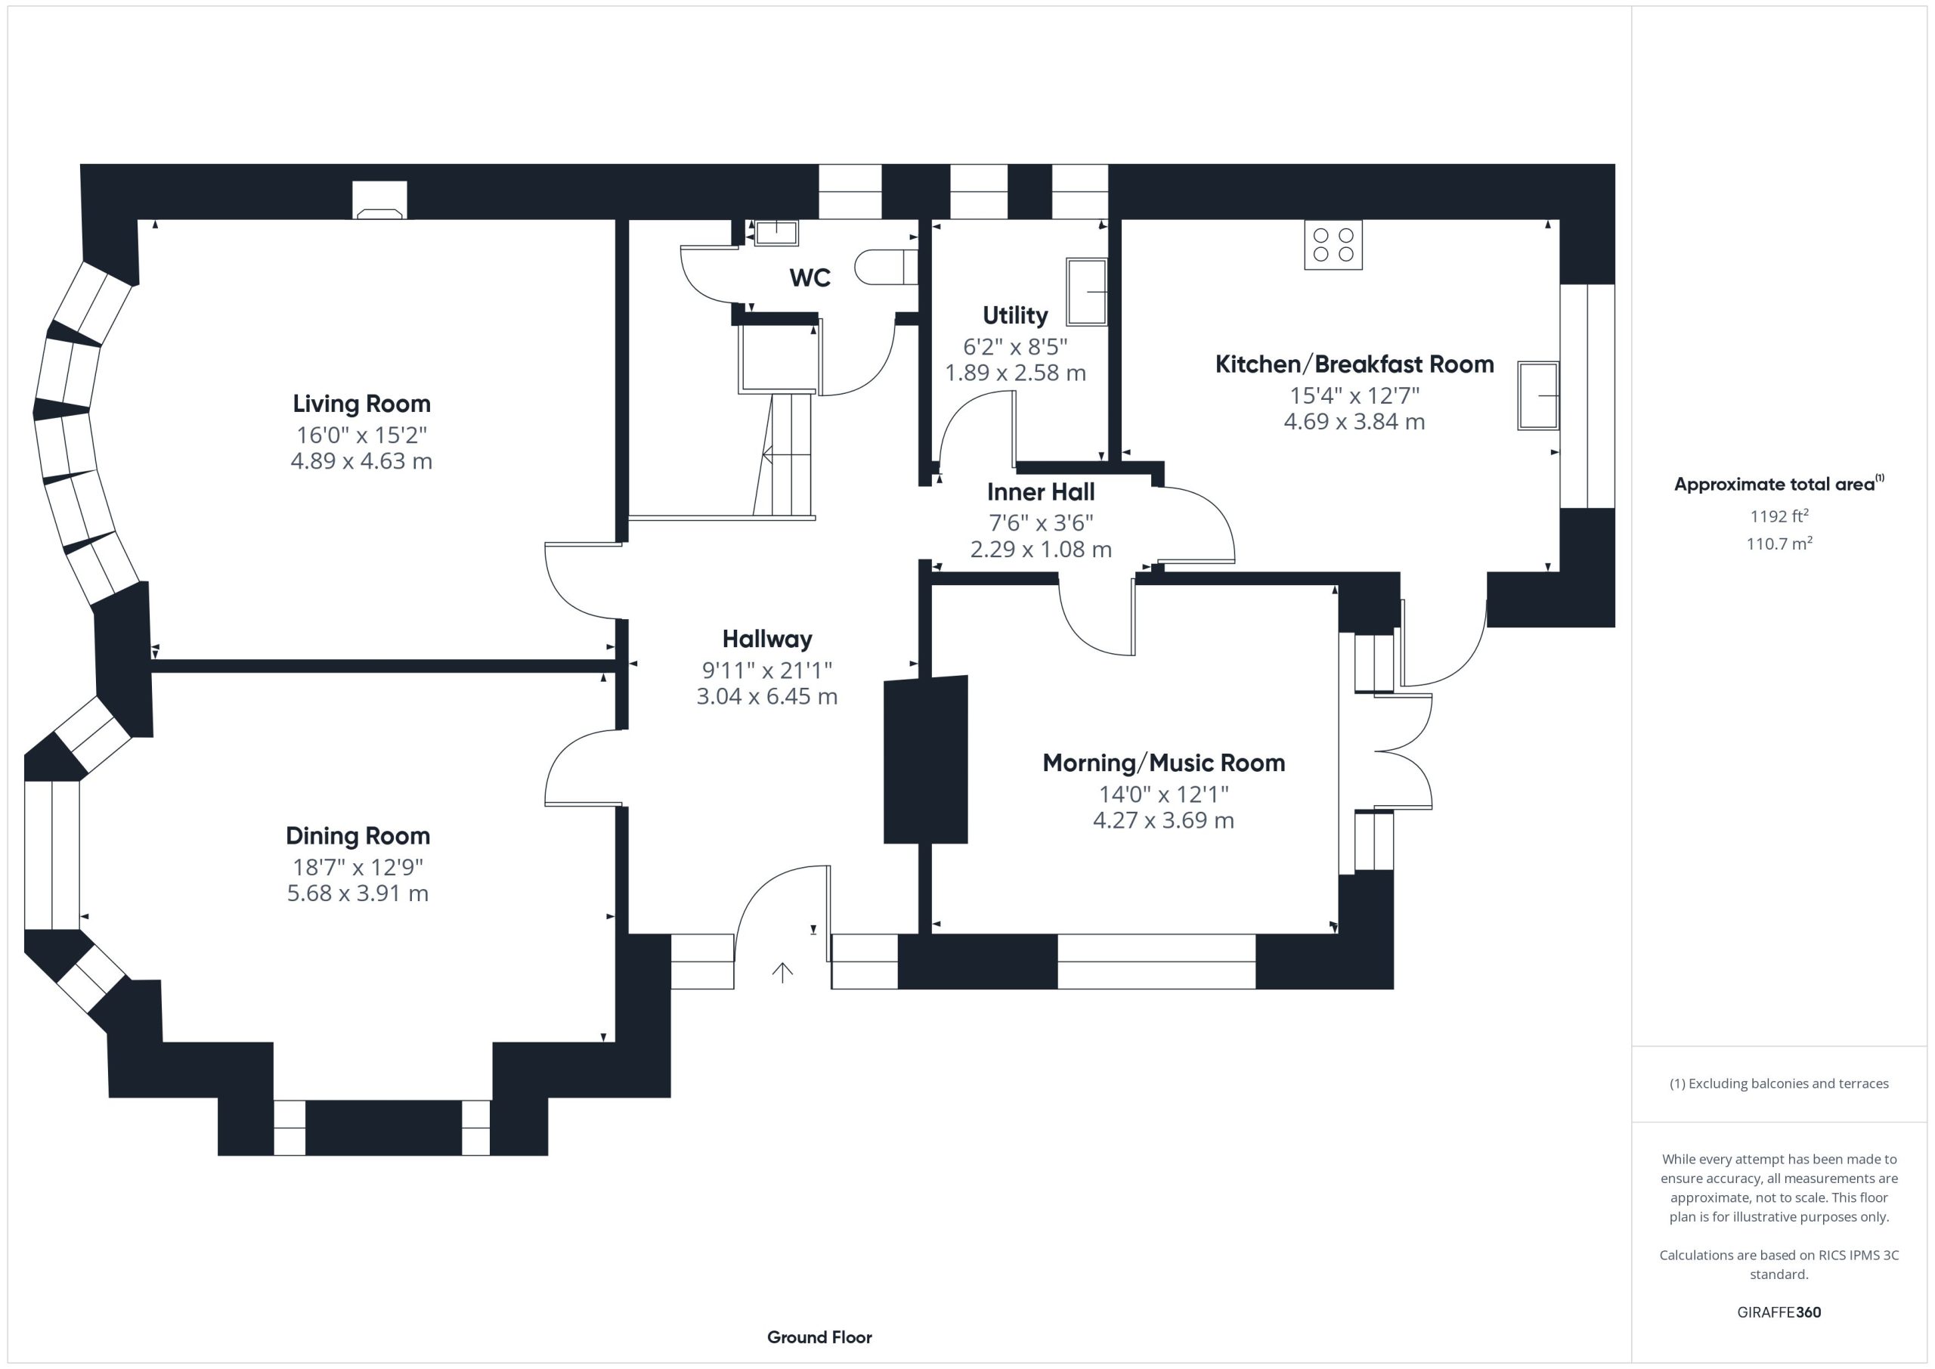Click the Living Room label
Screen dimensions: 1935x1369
[361, 404]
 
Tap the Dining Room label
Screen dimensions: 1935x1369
[358, 835]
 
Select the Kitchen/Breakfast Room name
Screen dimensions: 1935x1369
[1354, 364]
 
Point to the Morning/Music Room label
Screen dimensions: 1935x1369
[1164, 763]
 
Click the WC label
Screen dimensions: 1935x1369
[810, 277]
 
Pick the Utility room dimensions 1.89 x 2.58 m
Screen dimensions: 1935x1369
[1016, 373]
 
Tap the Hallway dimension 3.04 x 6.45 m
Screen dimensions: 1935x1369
[767, 696]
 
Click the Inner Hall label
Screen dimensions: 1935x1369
[1041, 491]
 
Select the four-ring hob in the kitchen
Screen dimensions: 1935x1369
[1333, 244]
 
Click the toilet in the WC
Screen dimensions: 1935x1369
[886, 268]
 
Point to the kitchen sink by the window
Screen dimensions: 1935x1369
[1538, 395]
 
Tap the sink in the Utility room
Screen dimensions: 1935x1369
[1086, 292]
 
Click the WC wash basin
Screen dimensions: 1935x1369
[776, 233]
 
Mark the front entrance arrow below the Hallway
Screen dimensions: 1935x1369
[782, 973]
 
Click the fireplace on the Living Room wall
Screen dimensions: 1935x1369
[380, 200]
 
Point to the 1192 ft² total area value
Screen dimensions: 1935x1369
[1779, 516]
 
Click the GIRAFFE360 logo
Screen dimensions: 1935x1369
[1779, 1312]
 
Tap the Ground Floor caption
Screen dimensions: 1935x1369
[819, 1337]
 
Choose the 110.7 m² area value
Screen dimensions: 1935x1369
[1779, 544]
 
